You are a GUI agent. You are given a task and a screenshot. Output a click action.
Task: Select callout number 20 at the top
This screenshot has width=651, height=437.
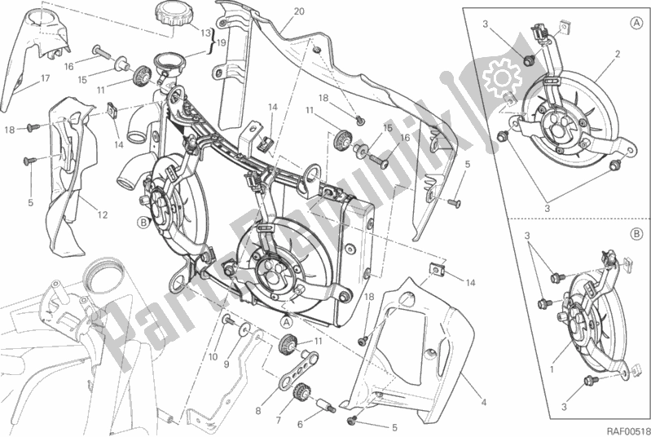276,11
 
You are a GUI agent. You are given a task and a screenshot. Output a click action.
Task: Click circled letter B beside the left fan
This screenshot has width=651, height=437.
143,221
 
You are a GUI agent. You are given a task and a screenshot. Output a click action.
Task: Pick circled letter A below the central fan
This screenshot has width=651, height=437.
287,321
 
